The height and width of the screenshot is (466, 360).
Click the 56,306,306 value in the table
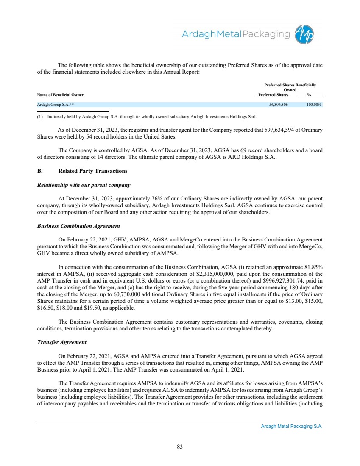(x=279, y=104)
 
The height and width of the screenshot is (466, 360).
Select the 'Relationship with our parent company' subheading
(x=84, y=185)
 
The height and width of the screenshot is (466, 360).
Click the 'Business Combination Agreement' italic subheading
(x=79, y=226)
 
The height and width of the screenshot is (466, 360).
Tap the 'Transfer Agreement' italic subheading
(x=62, y=342)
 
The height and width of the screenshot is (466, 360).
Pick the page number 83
(x=180, y=446)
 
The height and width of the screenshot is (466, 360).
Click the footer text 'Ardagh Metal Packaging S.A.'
(x=292, y=427)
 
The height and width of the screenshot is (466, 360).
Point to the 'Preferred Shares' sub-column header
(x=273, y=95)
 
